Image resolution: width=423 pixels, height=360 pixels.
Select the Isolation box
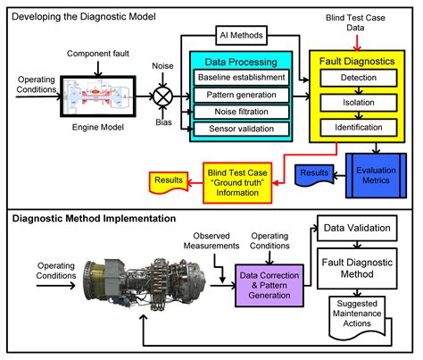coord(357,104)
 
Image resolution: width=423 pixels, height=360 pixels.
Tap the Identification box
coord(357,128)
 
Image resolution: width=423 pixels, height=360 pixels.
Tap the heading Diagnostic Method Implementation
coord(93,218)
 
